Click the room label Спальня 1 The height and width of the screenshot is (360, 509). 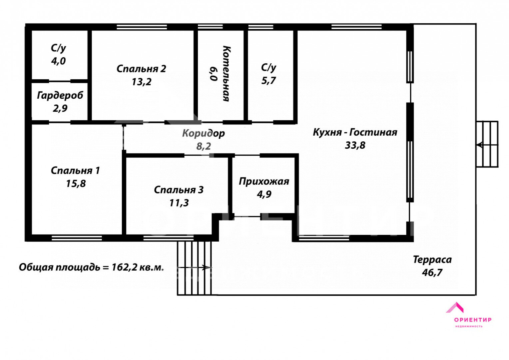tap(75, 171)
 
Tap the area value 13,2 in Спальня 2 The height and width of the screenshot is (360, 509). tap(141, 82)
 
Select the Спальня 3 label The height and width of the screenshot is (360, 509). tap(179, 190)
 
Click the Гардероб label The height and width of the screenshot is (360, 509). tap(60, 96)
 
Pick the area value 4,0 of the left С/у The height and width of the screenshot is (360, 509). tap(58, 61)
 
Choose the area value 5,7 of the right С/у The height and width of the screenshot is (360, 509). tap(268, 81)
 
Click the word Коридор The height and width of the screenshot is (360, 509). tap(204, 133)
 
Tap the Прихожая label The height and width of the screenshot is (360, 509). tap(264, 181)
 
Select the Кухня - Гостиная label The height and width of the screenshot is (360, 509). tap(355, 132)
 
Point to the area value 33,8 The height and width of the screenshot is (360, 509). tap(355, 145)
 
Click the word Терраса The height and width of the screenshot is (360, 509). tap(432, 260)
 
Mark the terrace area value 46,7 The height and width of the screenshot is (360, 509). tap(432, 272)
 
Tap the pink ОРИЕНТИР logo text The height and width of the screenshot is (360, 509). tap(473, 320)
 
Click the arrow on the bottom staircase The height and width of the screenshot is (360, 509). tap(195, 268)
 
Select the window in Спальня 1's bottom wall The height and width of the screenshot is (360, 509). tap(77, 238)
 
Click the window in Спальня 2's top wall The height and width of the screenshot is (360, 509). tap(142, 27)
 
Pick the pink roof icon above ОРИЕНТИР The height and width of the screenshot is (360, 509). tap(455, 308)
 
